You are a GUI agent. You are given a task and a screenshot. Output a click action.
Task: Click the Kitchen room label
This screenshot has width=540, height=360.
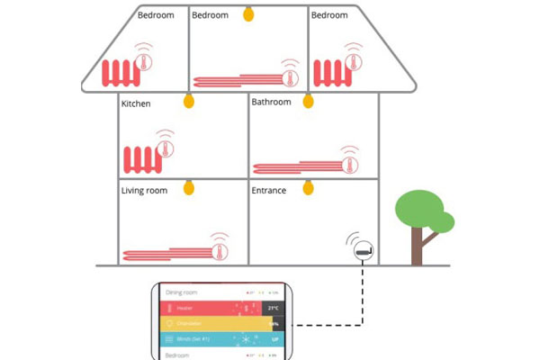pos(136,104)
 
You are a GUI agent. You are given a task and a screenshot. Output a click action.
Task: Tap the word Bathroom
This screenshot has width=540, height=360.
pos(271,103)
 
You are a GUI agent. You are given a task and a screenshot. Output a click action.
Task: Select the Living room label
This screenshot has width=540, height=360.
pos(145,191)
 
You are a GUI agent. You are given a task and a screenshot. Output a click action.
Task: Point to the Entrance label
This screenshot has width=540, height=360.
pos(269,191)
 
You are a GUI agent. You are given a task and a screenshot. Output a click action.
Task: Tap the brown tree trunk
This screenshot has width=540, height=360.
pos(417,248)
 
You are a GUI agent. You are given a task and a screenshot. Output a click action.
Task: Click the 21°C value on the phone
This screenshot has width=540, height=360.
pos(272,309)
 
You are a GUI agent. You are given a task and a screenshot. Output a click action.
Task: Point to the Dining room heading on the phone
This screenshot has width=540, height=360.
pos(180,293)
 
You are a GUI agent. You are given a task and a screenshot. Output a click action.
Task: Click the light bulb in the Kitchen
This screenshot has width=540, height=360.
pos(189,101)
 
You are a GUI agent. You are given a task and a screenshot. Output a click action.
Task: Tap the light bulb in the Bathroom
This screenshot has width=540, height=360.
pos(308,101)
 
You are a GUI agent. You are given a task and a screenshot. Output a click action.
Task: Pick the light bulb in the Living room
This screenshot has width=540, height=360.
pos(189,187)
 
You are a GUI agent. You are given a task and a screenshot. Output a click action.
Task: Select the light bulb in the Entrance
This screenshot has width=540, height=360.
pos(308,187)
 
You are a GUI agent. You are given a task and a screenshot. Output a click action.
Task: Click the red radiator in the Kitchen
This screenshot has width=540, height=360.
pos(139,160)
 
